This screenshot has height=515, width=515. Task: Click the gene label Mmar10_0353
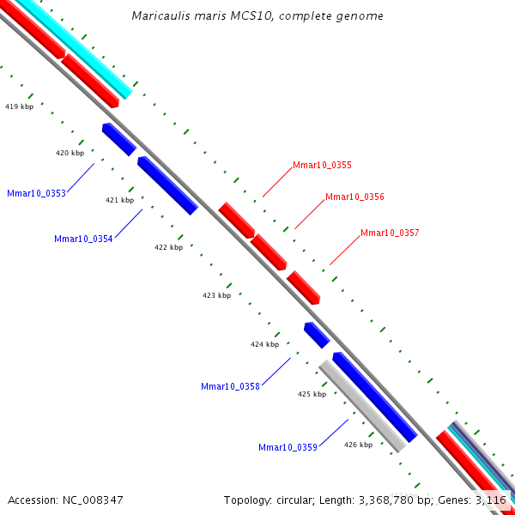[x=36, y=194]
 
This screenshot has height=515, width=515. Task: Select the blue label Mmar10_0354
[x=83, y=239]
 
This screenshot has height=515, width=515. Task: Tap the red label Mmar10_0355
[x=322, y=165]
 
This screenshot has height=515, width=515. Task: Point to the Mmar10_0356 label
[x=354, y=197]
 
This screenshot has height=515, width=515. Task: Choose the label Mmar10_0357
[x=390, y=233]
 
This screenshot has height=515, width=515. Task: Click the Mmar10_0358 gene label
[x=230, y=387]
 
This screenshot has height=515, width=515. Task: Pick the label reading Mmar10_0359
[x=288, y=447]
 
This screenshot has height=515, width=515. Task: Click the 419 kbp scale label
[x=19, y=107]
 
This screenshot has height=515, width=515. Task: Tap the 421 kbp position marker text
[x=119, y=200]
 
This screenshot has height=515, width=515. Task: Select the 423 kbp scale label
[x=216, y=295]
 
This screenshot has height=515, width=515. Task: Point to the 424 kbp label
[x=264, y=344]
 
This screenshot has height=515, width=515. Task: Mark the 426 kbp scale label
[x=358, y=445]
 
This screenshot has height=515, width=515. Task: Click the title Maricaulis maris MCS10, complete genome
[x=257, y=16]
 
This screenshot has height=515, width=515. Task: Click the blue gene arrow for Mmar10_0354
[x=167, y=185]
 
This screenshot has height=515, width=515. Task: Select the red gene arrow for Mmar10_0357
[x=303, y=287]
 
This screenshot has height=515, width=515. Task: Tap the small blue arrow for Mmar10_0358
[x=317, y=335]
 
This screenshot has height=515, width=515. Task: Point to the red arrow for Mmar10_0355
[x=236, y=220]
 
